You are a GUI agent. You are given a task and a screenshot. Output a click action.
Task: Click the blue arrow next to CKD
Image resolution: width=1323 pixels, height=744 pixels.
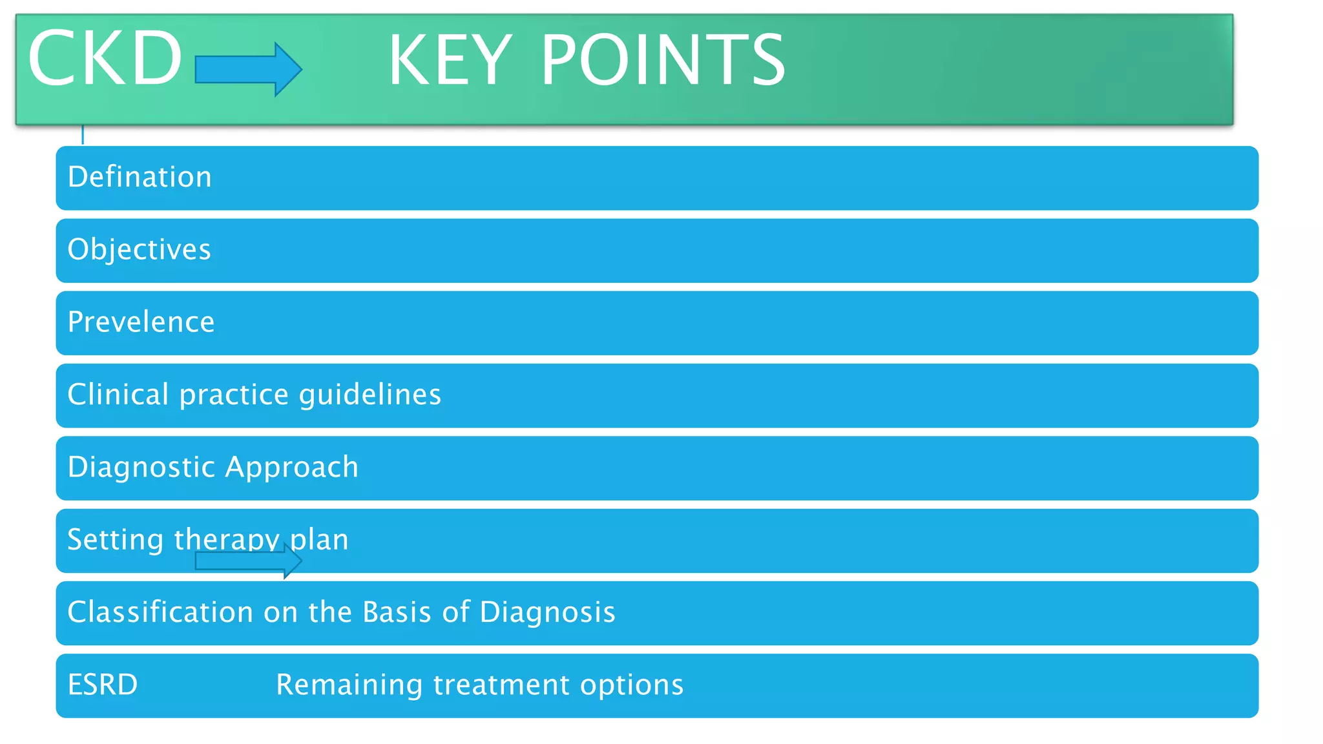248,69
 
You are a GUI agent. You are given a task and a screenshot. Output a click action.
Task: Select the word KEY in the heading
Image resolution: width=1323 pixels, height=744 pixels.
450,61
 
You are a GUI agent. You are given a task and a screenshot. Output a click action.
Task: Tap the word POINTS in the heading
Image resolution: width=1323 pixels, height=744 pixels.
663,61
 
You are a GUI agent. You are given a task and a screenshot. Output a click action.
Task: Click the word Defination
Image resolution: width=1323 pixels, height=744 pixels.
140,177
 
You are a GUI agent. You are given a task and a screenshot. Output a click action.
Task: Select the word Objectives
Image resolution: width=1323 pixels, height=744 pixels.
139,250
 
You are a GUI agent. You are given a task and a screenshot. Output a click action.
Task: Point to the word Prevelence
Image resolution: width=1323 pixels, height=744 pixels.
141,322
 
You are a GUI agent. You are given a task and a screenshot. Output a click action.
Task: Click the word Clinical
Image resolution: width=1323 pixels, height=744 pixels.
118,395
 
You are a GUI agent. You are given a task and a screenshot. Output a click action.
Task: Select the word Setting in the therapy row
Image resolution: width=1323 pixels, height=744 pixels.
115,540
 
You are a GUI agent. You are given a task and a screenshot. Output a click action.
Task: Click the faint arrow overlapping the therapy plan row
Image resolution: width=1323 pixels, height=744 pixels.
248,561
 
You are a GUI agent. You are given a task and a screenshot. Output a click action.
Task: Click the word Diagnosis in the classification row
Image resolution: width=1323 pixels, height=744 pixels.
547,612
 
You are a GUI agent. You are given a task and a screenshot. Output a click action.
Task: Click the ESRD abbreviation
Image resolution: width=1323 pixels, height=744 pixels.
102,685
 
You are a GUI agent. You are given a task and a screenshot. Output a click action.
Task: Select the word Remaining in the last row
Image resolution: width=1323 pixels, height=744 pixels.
349,685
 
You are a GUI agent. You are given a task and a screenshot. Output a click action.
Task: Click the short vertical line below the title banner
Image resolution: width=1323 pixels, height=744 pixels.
83,134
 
